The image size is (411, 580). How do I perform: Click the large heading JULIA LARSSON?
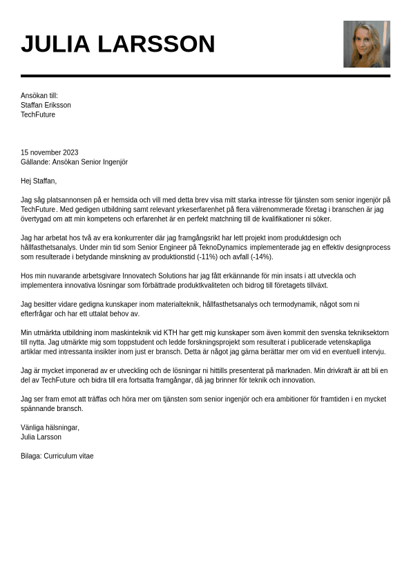[x=117, y=44]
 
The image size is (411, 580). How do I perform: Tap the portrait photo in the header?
[x=366, y=44]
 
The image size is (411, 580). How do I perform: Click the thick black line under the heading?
[x=205, y=76]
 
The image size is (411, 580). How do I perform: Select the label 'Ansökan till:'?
[x=39, y=96]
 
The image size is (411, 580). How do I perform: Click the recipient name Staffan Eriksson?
[x=46, y=106]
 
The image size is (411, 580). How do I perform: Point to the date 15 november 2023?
[x=49, y=152]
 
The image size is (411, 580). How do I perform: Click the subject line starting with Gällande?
[x=74, y=162]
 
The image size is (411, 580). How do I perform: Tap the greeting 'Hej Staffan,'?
[x=39, y=181]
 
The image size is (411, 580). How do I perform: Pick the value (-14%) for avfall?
[x=261, y=257]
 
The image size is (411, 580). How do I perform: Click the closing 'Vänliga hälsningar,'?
[x=50, y=428]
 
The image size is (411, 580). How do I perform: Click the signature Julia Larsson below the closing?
[x=41, y=437]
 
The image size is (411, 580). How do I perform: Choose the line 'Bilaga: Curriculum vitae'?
[x=57, y=456]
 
